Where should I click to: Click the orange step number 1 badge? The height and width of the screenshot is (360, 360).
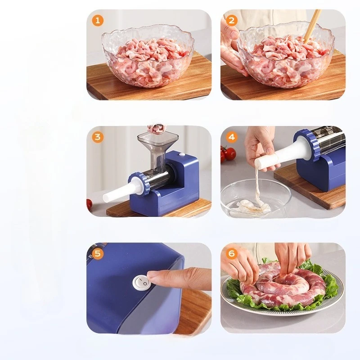coord(98,20)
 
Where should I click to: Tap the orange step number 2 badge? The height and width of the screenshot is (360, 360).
coord(232,20)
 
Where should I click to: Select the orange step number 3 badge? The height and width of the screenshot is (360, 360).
coord(98,137)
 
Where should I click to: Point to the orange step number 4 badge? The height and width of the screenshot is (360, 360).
coord(232,137)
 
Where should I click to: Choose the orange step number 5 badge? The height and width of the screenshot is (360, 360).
coord(98,253)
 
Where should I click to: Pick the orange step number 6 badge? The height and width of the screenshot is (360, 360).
coord(232,253)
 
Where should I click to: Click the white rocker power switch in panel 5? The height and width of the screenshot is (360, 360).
coord(142,282)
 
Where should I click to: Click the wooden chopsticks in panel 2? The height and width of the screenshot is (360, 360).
coord(312,26)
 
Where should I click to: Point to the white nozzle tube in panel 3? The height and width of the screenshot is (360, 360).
coord(119,191)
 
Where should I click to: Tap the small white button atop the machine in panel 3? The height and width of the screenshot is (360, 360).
coord(183,155)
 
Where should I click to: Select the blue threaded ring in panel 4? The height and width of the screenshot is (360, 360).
coord(306,144)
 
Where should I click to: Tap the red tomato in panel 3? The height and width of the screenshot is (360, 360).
coord(90,203)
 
